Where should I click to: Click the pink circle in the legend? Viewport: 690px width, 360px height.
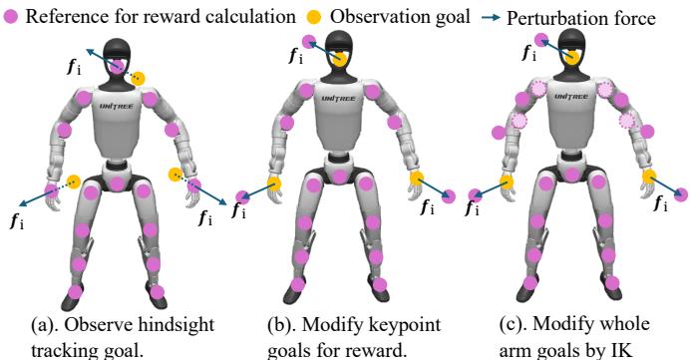pyautogui.click(x=11, y=17)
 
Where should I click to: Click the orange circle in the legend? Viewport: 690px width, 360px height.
pyautogui.click(x=314, y=17)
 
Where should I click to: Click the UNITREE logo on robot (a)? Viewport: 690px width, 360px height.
pyautogui.click(x=117, y=106)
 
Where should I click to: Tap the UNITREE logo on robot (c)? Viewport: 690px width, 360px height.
pyautogui.click(x=570, y=97)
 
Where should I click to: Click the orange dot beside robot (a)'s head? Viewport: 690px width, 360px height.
pyautogui.click(x=138, y=79)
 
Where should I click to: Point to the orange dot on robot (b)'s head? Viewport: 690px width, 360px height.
pyautogui.click(x=339, y=59)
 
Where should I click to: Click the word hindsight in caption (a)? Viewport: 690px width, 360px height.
pyautogui.click(x=176, y=326)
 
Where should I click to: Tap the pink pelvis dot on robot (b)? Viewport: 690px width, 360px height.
pyautogui.click(x=339, y=177)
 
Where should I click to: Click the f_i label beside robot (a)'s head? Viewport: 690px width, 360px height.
pyautogui.click(x=74, y=68)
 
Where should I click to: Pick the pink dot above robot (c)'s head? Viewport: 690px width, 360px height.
pyautogui.click(x=541, y=41)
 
